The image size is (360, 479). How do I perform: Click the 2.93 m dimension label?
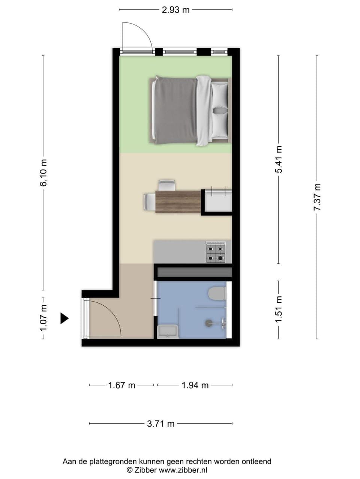(x=175, y=10)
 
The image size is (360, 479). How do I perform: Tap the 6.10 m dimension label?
(x=44, y=173)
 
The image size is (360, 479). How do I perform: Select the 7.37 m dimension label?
(x=317, y=197)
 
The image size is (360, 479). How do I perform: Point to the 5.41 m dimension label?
(x=278, y=159)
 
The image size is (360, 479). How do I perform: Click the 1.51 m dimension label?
(x=278, y=309)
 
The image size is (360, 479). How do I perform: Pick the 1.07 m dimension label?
(x=44, y=318)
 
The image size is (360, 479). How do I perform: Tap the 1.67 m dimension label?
(x=121, y=385)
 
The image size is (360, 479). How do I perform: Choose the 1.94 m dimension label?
(x=195, y=385)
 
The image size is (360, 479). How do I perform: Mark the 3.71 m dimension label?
(x=160, y=424)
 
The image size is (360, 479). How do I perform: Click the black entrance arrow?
(x=64, y=318)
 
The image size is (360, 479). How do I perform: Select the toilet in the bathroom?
(x=217, y=293)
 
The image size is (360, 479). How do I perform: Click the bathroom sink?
(x=168, y=331)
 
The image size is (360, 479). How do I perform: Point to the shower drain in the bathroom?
(x=208, y=322)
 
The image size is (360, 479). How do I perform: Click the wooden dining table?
(x=178, y=202)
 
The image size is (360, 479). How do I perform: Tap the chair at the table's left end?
(x=148, y=202)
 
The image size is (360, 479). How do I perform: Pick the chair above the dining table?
(x=166, y=185)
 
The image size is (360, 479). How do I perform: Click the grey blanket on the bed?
(x=175, y=111)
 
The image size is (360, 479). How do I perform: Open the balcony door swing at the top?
(x=137, y=37)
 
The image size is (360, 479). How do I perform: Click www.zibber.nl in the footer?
(x=183, y=470)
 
